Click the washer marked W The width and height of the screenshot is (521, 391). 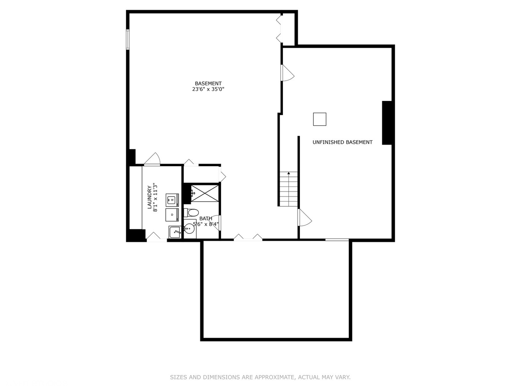(172, 200)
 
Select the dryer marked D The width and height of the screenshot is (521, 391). (172, 215)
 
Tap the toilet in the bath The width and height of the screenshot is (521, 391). (191, 212)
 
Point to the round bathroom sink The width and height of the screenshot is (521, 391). (189, 228)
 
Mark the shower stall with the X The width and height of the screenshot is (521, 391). (205, 193)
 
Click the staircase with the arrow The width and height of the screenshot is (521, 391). (288, 189)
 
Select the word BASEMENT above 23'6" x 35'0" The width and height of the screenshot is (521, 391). (208, 84)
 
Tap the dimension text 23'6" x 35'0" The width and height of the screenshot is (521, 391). (208, 89)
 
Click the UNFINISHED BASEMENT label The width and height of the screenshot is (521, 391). (342, 142)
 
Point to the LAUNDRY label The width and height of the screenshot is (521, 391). (149, 197)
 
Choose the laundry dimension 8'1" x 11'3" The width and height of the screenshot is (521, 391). (156, 197)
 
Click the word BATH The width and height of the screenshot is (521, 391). (206, 219)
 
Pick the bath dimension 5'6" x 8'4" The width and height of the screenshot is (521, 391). (206, 224)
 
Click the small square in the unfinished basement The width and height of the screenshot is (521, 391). (319, 119)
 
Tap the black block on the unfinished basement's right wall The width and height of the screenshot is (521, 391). (387, 123)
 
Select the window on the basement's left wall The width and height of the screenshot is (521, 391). (127, 39)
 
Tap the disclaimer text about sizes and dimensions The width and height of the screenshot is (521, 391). (260, 377)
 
